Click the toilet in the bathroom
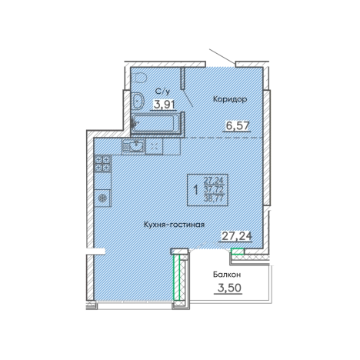140,77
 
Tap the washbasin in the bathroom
138,102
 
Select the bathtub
156,124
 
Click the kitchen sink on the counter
133,146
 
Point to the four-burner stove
102,163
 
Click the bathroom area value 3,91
164,105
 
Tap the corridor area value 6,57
238,126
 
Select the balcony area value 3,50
229,288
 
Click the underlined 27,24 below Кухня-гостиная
237,236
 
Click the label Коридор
230,98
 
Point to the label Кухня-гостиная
175,225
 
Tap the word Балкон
227,275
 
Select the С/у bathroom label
162,92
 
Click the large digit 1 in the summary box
196,191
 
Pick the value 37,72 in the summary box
214,189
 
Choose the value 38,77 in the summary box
214,198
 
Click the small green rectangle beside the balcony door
238,252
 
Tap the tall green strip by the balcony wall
176,277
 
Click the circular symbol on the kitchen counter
102,198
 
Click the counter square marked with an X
154,146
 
